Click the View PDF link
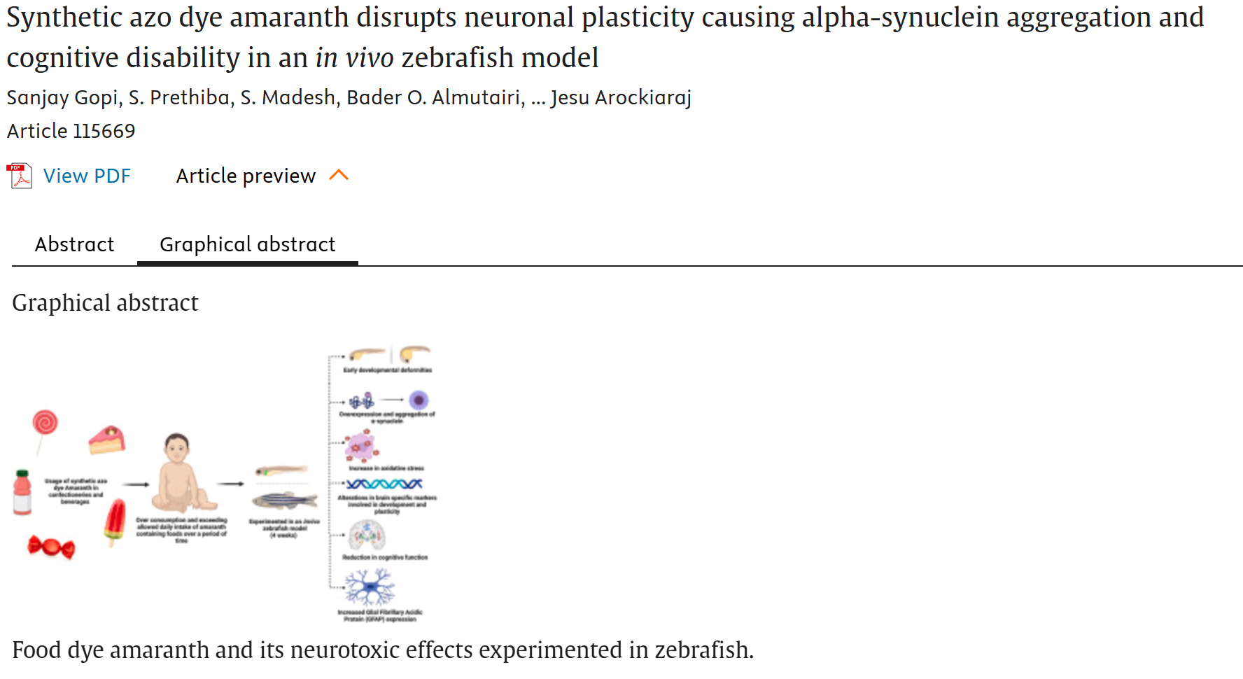pos(87,176)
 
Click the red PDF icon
pos(20,176)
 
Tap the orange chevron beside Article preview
pos(339,175)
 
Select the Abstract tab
pos(74,244)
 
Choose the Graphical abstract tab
pos(247,244)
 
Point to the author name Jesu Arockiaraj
pos(621,97)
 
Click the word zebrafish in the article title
pos(457,58)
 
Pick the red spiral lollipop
pos(45,423)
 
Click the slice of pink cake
pos(106,440)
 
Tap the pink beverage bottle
pos(22,493)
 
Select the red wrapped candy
pos(51,547)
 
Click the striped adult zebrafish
pos(283,500)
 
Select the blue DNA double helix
pos(384,484)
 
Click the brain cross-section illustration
pos(367,535)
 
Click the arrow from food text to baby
pos(136,484)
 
